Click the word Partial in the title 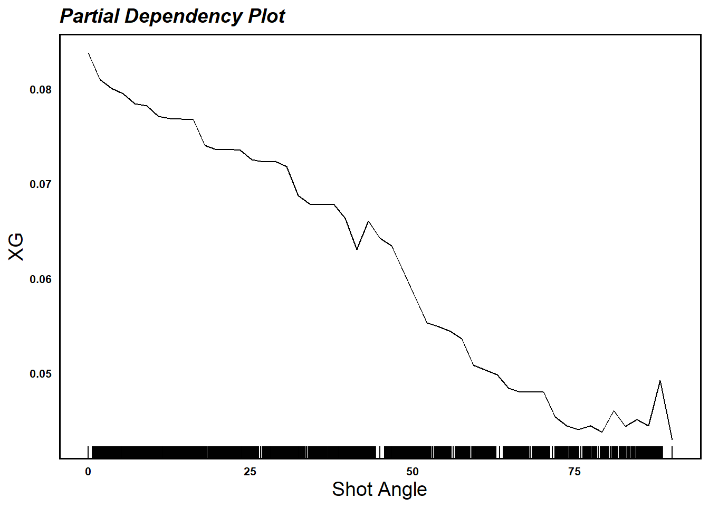pyautogui.click(x=90, y=16)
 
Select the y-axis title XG pyautogui.click(x=17, y=247)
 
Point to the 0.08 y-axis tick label pyautogui.click(x=41, y=90)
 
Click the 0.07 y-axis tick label pyautogui.click(x=41, y=184)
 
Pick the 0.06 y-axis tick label pyautogui.click(x=41, y=279)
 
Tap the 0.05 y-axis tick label pyautogui.click(x=41, y=374)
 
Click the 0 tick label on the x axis pyautogui.click(x=88, y=472)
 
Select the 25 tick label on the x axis pyautogui.click(x=250, y=472)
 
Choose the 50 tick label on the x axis pyautogui.click(x=413, y=472)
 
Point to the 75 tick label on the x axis pyautogui.click(x=574, y=472)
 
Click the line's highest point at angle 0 pyautogui.click(x=88, y=53)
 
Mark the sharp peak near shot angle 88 pyautogui.click(x=660, y=381)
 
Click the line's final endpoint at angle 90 pyautogui.click(x=672, y=439)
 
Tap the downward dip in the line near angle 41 pyautogui.click(x=357, y=249)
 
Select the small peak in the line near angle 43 pyautogui.click(x=368, y=221)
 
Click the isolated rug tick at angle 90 pyautogui.click(x=672, y=452)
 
